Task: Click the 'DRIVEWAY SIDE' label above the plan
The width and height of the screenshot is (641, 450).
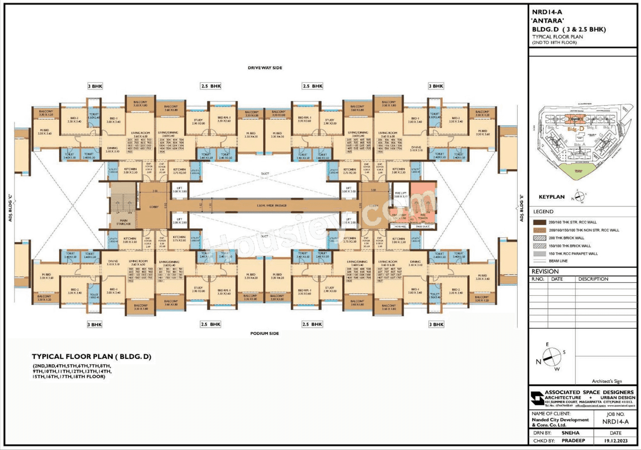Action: click(265, 67)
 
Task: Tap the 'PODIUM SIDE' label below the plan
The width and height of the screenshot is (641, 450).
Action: click(265, 333)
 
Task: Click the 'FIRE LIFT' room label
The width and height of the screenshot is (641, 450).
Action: click(401, 195)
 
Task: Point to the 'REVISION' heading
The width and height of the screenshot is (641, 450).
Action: click(545, 272)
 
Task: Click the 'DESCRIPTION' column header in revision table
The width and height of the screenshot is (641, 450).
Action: click(593, 279)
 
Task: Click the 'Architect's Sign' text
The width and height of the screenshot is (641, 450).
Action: click(606, 381)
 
